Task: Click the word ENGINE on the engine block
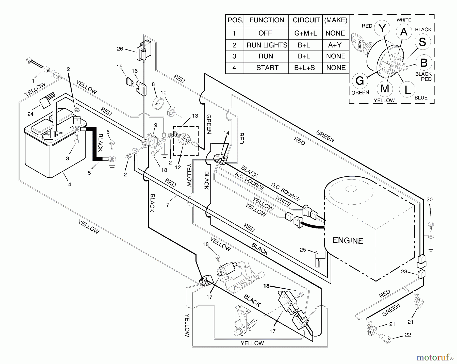click(x=348, y=240)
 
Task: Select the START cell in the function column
click(x=267, y=68)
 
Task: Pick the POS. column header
click(x=235, y=20)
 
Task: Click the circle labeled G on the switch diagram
click(x=360, y=81)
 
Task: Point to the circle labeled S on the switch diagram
click(x=422, y=42)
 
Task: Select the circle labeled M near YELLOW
click(x=385, y=89)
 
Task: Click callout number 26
click(x=120, y=49)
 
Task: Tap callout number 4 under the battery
click(x=70, y=185)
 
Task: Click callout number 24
click(x=30, y=114)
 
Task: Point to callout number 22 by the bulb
click(x=408, y=335)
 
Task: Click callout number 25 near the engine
click(x=303, y=250)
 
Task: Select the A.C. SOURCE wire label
click(x=249, y=181)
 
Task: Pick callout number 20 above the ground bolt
click(x=429, y=200)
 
